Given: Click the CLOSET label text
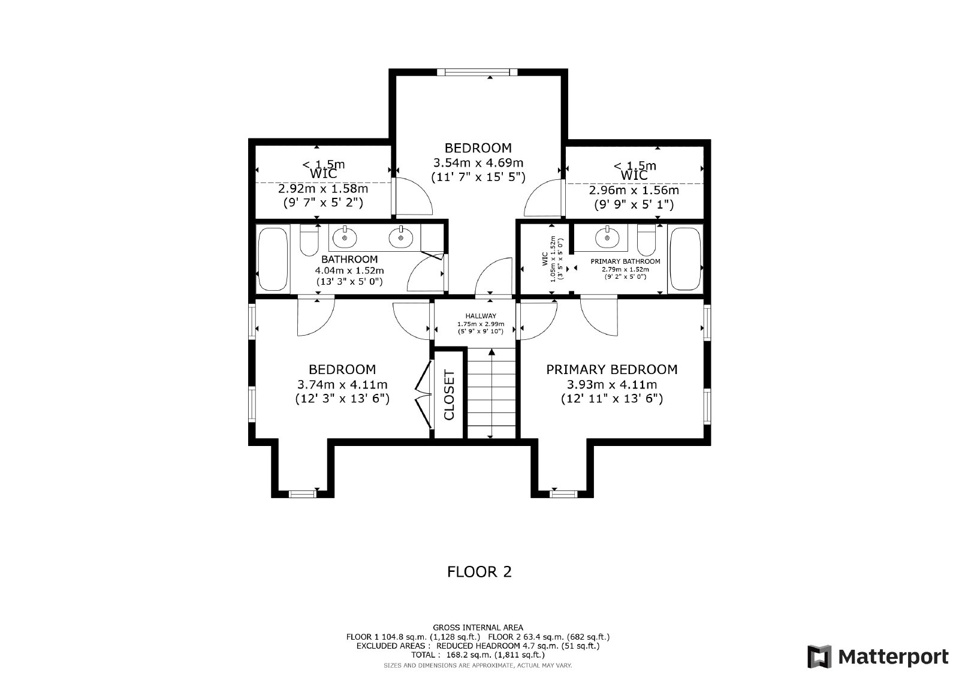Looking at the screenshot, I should [x=450, y=395].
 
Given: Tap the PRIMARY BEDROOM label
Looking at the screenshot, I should [x=611, y=369].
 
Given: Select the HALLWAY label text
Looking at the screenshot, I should [x=481, y=316].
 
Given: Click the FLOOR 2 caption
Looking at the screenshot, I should [x=479, y=572].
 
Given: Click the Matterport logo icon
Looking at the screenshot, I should [x=819, y=656].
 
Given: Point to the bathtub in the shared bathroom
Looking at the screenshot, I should [x=273, y=259].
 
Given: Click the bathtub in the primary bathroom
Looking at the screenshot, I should [x=684, y=259].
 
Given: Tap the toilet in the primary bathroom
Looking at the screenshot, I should [x=647, y=241].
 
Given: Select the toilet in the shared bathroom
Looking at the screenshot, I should [x=309, y=241].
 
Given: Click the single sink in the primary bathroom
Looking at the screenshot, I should [x=607, y=238].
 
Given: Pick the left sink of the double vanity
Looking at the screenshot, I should [x=345, y=238].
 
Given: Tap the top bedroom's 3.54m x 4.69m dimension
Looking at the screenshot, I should [x=478, y=162].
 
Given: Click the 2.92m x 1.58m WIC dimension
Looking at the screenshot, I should [x=322, y=188].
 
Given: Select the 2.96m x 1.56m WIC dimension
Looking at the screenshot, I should [x=634, y=190].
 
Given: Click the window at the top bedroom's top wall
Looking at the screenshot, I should [x=477, y=72].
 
